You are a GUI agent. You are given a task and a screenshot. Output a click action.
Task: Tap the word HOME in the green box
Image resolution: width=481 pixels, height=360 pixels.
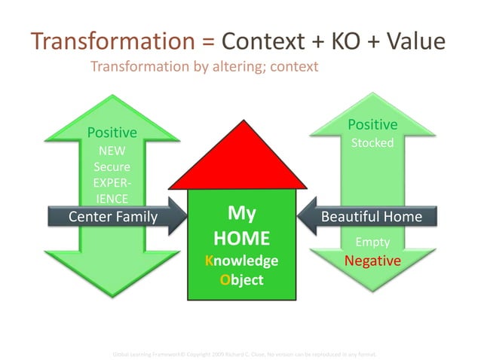(241, 239)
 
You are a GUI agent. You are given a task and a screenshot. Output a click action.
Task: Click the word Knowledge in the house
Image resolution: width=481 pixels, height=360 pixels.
(241, 261)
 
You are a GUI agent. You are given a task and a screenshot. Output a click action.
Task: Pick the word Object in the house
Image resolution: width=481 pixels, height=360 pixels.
(241, 279)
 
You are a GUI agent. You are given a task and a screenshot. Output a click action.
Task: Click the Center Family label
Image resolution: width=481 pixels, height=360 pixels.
(113, 217)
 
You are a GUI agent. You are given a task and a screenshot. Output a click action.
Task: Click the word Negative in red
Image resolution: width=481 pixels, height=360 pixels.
(372, 261)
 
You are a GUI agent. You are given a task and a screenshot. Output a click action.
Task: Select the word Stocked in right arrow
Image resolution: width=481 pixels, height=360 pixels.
(373, 143)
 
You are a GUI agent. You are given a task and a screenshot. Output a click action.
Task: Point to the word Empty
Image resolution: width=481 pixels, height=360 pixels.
(372, 242)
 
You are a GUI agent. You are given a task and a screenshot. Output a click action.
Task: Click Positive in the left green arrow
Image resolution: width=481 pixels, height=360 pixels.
(112, 133)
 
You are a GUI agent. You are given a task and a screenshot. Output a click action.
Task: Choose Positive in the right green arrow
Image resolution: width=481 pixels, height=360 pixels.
(372, 124)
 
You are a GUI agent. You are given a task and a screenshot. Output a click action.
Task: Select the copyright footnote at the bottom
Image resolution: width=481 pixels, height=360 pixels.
(244, 352)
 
